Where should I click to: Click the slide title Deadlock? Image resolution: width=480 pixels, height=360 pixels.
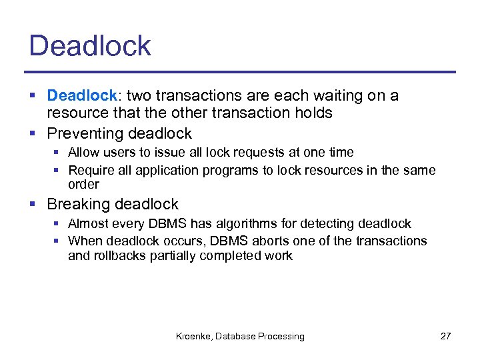(90, 46)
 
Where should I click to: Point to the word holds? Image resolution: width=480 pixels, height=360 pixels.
(315, 113)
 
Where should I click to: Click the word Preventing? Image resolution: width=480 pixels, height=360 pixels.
(84, 134)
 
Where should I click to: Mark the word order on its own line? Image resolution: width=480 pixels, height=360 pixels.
(83, 184)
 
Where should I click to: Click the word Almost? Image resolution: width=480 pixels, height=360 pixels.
(88, 224)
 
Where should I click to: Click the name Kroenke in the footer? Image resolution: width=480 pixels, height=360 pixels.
(192, 337)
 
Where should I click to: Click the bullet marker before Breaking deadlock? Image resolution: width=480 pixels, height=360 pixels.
(35, 205)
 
